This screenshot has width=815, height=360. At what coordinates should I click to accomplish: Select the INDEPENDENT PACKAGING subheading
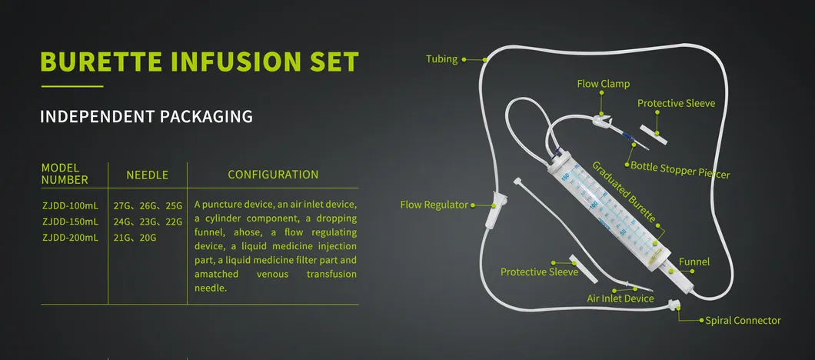pyautogui.click(x=147, y=116)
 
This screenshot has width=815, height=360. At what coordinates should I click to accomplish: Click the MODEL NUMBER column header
pyautogui.click(x=65, y=175)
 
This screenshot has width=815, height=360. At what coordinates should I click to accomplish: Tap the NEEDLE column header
pyautogui.click(x=148, y=175)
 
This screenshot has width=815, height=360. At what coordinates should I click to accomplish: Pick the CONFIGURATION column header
pyautogui.click(x=273, y=175)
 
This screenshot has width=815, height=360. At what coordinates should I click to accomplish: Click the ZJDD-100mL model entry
pyautogui.click(x=70, y=205)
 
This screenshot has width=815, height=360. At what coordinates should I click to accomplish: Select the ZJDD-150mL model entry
pyautogui.click(x=70, y=222)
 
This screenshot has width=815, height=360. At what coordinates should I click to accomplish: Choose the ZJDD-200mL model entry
pyautogui.click(x=70, y=238)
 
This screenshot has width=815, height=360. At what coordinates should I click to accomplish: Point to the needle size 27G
pyautogui.click(x=121, y=205)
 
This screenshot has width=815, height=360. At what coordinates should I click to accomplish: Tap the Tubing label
pyautogui.click(x=442, y=58)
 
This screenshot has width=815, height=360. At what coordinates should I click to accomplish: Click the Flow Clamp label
pyautogui.click(x=603, y=84)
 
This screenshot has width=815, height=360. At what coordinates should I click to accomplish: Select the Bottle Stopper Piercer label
pyautogui.click(x=680, y=170)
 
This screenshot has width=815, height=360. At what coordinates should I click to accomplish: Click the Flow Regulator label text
pyautogui.click(x=434, y=205)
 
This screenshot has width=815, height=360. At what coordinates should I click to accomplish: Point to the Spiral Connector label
pyautogui.click(x=743, y=321)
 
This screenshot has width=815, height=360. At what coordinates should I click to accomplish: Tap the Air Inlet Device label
pyautogui.click(x=620, y=298)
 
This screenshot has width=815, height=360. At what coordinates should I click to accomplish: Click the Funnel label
pyautogui.click(x=694, y=262)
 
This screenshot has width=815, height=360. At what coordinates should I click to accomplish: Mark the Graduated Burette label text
pyautogui.click(x=624, y=192)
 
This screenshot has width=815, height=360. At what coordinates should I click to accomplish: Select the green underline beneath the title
pyautogui.click(x=72, y=86)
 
